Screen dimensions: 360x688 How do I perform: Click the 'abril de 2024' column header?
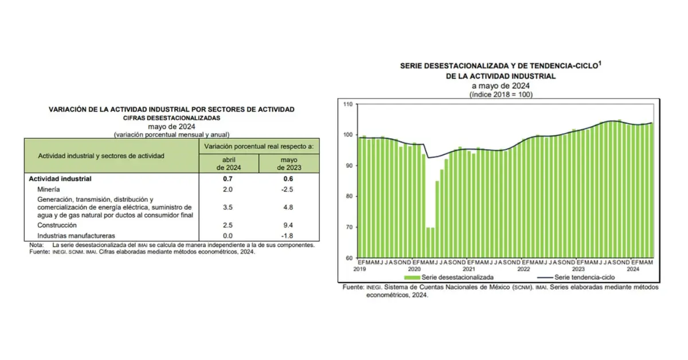(x=229, y=163)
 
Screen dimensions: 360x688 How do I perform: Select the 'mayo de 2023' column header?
(x=289, y=163)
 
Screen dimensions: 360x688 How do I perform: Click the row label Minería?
(x=48, y=189)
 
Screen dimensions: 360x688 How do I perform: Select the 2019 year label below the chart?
(x=359, y=268)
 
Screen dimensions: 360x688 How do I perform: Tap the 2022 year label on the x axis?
(x=524, y=268)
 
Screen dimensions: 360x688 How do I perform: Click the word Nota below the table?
(x=36, y=245)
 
